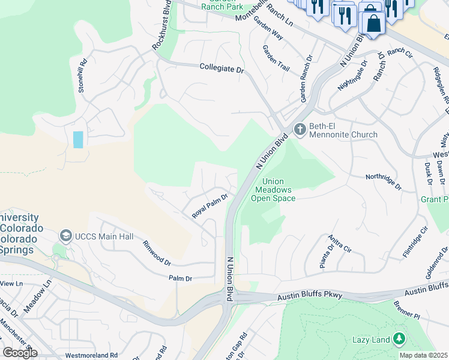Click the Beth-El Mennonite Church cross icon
(x=299, y=129)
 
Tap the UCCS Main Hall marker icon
(x=66, y=236)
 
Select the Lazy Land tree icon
(x=398, y=340)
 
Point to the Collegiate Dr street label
(x=222, y=70)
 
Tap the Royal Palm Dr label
(x=210, y=206)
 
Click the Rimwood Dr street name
(x=157, y=253)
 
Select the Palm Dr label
(x=180, y=278)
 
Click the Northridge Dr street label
(x=383, y=181)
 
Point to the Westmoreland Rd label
(x=92, y=355)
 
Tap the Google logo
(x=20, y=353)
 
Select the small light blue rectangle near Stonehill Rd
(x=78, y=139)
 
